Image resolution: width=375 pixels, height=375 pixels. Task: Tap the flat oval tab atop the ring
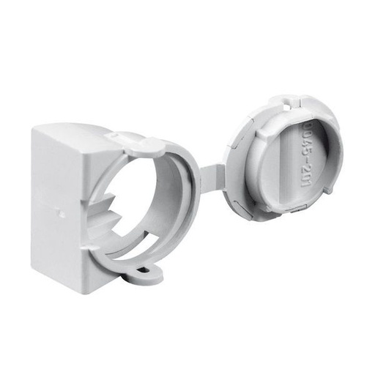[x=139, y=146]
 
